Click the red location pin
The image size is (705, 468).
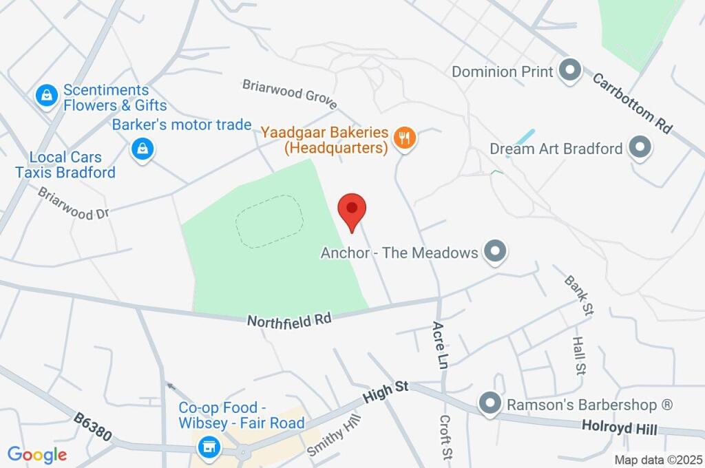click(x=352, y=209)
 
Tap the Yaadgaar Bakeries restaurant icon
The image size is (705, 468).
click(x=404, y=138)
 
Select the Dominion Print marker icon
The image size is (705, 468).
click(x=569, y=71)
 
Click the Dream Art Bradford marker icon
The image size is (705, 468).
click(x=640, y=148)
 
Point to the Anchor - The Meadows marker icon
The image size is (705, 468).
click(x=494, y=252)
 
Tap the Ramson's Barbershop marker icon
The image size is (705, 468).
click(x=490, y=404)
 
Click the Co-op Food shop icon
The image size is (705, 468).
click(x=207, y=448)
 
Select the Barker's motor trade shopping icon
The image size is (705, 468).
click(x=142, y=148)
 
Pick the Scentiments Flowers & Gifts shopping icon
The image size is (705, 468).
click(x=45, y=97)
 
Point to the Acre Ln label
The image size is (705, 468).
click(x=439, y=344)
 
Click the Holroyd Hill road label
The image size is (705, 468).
click(x=619, y=427)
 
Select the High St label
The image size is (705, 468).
click(x=386, y=393)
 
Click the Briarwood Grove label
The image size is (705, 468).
click(x=289, y=94)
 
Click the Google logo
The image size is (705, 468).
click(x=37, y=454)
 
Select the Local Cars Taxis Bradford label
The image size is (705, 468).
click(x=65, y=165)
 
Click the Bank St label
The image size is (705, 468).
click(x=578, y=295)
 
